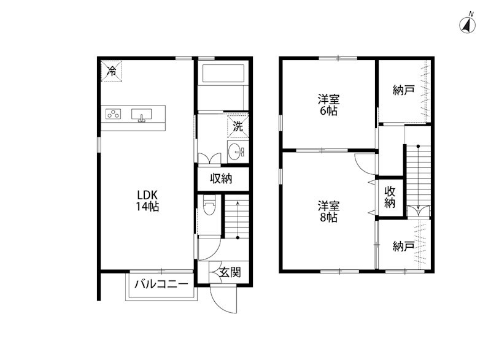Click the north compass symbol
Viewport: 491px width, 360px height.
(x=468, y=25)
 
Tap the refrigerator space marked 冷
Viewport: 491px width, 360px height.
(x=111, y=71)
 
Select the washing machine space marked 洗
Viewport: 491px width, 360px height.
(x=238, y=127)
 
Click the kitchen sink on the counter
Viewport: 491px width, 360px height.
(x=142, y=115)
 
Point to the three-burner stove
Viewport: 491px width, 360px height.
(x=113, y=114)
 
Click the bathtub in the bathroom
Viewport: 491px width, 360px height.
(x=223, y=74)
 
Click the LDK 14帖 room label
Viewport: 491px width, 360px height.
(x=147, y=201)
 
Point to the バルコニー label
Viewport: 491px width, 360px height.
(x=161, y=284)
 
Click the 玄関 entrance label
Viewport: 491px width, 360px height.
(x=230, y=272)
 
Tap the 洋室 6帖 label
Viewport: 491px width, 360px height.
(x=328, y=105)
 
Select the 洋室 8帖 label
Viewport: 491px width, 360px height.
(x=328, y=212)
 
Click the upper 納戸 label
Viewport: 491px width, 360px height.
(x=404, y=90)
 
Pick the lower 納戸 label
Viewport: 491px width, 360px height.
(x=404, y=247)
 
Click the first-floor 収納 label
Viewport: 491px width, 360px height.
(x=221, y=178)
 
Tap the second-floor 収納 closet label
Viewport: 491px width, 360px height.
(x=390, y=197)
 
